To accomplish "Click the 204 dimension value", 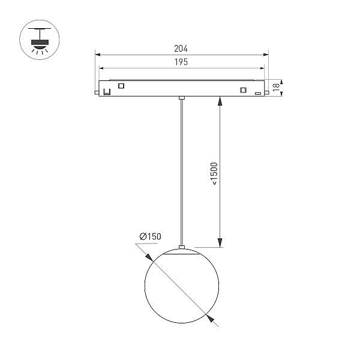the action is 181,49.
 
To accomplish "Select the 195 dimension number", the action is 181,62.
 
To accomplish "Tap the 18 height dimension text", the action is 276,87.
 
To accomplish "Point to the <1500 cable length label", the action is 214,173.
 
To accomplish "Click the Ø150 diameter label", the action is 151,236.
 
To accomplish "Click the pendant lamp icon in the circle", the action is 40,40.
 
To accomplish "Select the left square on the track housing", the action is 121,86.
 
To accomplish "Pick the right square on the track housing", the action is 243,90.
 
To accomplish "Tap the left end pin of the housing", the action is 97,92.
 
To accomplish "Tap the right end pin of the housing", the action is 266,92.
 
